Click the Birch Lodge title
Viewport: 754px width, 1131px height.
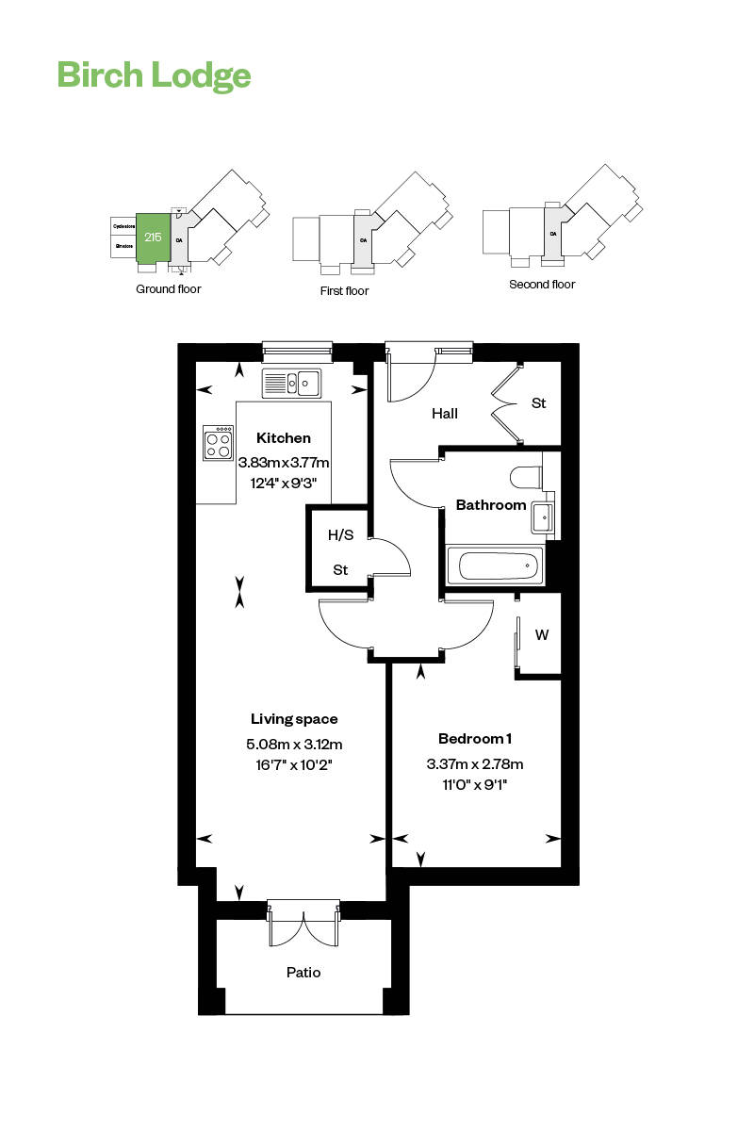coord(154,74)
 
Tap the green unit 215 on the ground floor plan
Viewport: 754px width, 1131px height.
coord(152,238)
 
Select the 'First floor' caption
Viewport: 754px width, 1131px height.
coord(344,291)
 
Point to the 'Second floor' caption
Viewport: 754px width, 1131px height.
coord(541,284)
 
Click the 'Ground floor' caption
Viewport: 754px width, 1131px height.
coord(169,288)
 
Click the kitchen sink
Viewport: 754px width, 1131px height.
coord(292,383)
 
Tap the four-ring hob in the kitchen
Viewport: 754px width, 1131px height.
coord(219,443)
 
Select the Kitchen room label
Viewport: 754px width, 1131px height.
coord(284,438)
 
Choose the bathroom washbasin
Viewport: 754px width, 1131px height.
coord(543,516)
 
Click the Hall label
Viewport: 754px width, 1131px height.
coord(445,413)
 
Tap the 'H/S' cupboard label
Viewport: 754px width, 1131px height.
coord(340,535)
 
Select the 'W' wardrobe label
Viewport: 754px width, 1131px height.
coord(542,635)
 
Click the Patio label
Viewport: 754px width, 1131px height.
coord(303,972)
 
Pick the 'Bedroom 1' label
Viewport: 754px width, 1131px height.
coord(475,738)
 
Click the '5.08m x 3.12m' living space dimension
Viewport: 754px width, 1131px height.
coord(294,744)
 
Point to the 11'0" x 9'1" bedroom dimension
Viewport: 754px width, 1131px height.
coord(475,783)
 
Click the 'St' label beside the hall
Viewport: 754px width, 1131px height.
coord(538,403)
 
